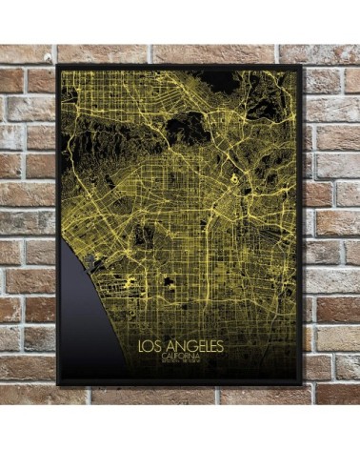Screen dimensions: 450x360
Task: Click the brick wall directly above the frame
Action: tap(180, 52)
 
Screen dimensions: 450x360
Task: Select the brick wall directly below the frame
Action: tap(180, 399)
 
